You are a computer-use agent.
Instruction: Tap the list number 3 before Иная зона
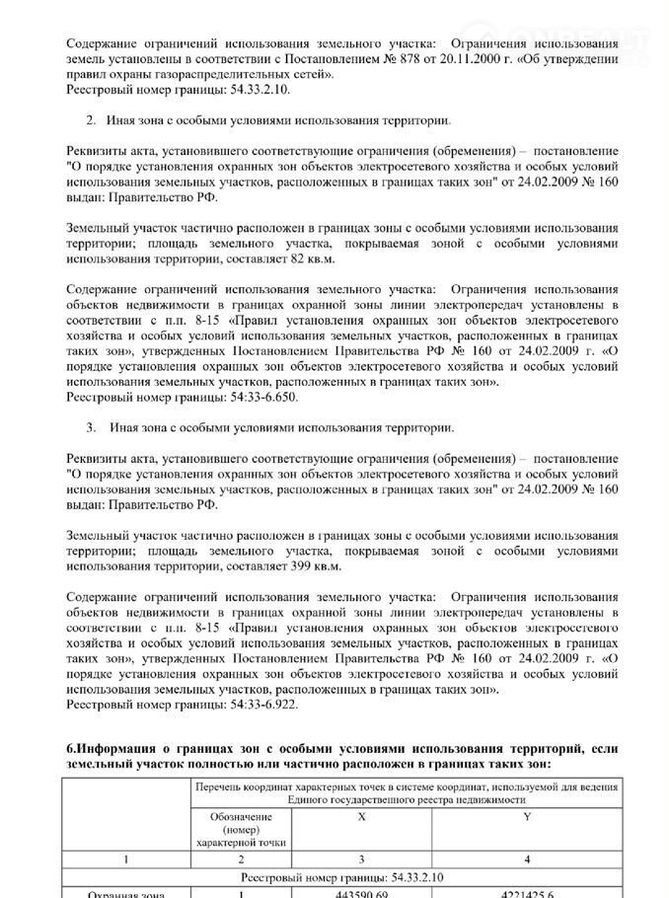[90, 427]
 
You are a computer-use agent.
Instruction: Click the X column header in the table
[361, 818]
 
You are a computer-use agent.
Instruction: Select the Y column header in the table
[527, 818]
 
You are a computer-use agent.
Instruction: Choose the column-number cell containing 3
[361, 860]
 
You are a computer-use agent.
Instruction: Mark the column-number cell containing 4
[527, 860]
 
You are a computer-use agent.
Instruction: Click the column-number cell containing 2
[241, 860]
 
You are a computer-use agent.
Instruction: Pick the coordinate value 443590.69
[361, 891]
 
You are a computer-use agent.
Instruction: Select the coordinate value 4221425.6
[527, 891]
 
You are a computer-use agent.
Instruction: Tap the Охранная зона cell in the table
[121, 891]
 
